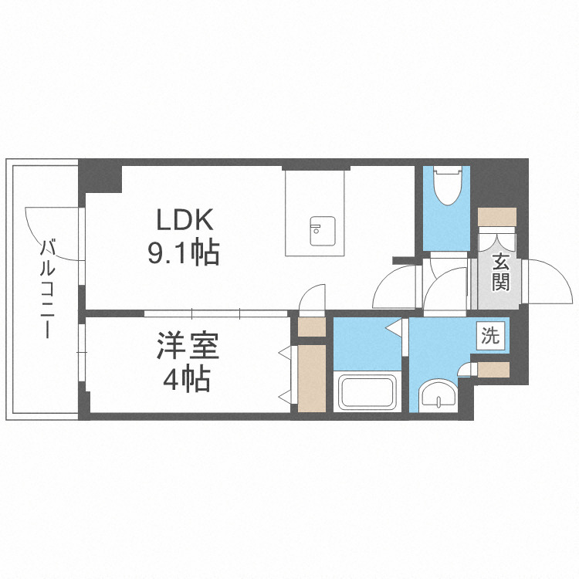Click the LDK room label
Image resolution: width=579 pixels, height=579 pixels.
point(184,221)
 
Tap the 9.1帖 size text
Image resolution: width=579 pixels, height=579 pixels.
point(184,252)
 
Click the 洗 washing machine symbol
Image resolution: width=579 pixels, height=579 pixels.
point(491,336)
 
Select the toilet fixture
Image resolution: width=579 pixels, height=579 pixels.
point(446,185)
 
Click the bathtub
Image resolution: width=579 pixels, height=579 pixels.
point(367,394)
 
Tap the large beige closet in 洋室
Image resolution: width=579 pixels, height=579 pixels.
point(312,378)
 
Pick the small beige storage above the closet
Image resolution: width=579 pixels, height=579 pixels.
point(312,327)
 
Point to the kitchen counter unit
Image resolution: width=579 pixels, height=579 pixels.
point(315,212)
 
